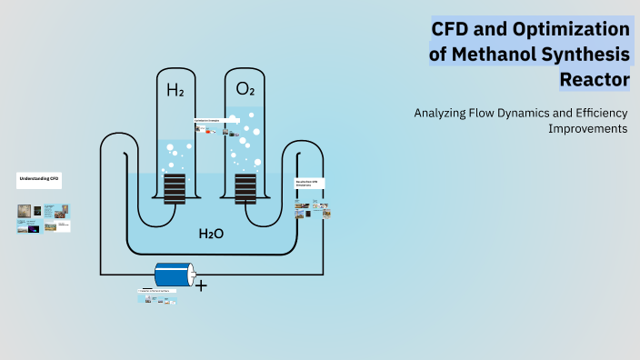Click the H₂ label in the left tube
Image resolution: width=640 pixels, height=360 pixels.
[175, 90]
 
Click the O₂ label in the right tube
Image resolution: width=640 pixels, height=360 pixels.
[245, 89]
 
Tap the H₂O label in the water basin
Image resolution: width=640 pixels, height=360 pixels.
[211, 234]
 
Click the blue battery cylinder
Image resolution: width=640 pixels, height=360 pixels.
[174, 275]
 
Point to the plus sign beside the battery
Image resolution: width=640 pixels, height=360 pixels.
[201, 285]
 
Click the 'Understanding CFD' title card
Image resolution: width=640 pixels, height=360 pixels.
[38, 180]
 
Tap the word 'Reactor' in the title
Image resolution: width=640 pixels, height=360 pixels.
[595, 80]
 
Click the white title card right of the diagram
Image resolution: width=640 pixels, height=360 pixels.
[310, 184]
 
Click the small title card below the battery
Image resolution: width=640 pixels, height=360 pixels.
[155, 291]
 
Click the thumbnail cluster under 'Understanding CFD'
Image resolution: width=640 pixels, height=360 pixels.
[44, 218]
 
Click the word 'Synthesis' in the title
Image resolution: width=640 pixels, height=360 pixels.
[592, 55]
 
